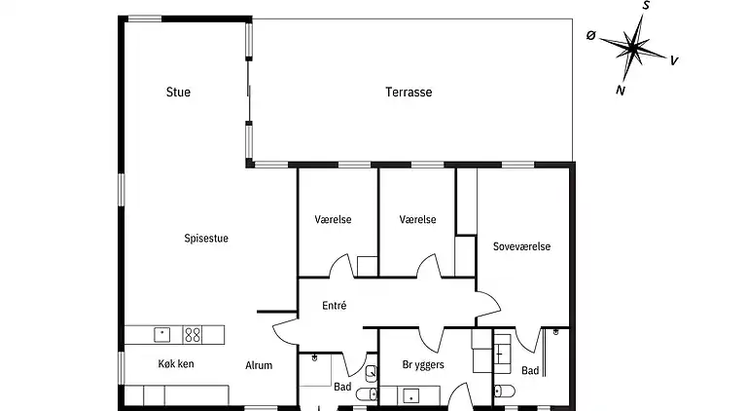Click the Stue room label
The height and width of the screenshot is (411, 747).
pyautogui.click(x=178, y=92)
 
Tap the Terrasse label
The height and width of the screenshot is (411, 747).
pyautogui.click(x=409, y=92)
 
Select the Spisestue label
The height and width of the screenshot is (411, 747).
pyautogui.click(x=206, y=239)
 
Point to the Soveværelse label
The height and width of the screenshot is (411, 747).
pyautogui.click(x=521, y=246)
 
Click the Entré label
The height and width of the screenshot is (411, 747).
pyautogui.click(x=334, y=306)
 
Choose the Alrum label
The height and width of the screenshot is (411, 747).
pyautogui.click(x=259, y=365)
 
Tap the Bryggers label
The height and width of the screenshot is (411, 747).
pyautogui.click(x=423, y=365)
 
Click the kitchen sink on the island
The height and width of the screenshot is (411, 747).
pyautogui.click(x=162, y=334)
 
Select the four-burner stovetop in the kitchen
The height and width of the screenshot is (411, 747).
pyautogui.click(x=193, y=335)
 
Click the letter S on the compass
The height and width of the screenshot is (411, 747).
pyautogui.click(x=646, y=6)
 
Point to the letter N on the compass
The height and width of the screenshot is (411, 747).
pyautogui.click(x=621, y=91)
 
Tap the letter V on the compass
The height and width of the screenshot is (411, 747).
pyautogui.click(x=674, y=60)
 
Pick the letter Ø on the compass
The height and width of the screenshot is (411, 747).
pyautogui.click(x=590, y=35)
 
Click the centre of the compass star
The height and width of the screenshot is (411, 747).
pyautogui.click(x=632, y=48)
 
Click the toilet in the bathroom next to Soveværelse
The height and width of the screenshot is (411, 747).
pyautogui.click(x=505, y=392)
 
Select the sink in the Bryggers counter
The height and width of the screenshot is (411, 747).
pyautogui.click(x=410, y=396)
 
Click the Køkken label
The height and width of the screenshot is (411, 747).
pyautogui.click(x=176, y=364)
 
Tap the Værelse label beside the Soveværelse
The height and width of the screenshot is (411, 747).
pyautogui.click(x=417, y=219)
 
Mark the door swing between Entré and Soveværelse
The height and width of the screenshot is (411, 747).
pyautogui.click(x=488, y=302)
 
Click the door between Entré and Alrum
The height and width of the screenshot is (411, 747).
pyautogui.click(x=285, y=331)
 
